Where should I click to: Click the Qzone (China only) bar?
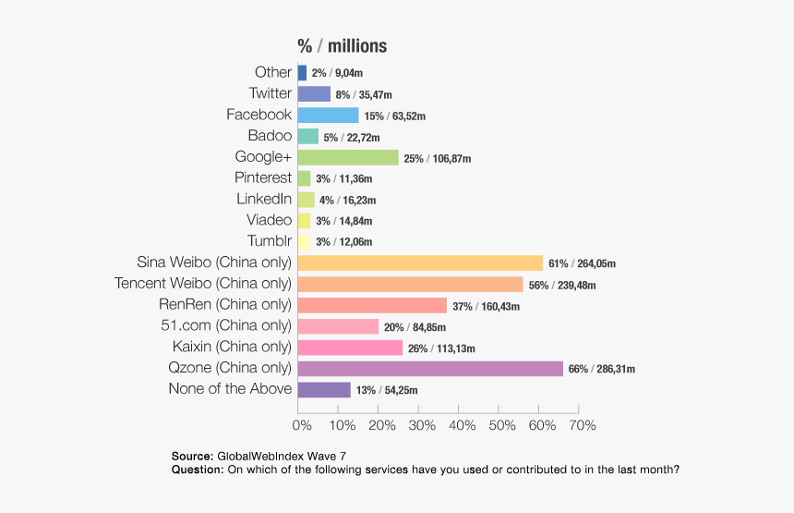tap(430, 369)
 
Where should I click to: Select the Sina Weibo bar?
tap(420, 263)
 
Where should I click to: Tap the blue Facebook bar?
tap(328, 115)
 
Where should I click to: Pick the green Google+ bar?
tap(348, 157)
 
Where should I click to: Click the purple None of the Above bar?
tap(324, 390)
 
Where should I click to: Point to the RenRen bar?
tap(372, 305)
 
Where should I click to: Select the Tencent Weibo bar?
tap(410, 284)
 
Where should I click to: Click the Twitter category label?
tap(270, 93)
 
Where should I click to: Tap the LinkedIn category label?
tap(264, 199)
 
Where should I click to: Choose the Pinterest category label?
tap(262, 177)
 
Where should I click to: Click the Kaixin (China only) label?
tap(232, 347)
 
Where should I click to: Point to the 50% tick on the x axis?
tap(502, 425)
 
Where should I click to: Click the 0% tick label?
tap(302, 425)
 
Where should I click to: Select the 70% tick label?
tap(582, 425)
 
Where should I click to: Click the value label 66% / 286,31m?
tap(602, 370)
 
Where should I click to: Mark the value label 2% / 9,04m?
tap(337, 73)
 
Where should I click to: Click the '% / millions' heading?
tap(342, 46)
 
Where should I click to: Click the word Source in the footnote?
tap(192, 457)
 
